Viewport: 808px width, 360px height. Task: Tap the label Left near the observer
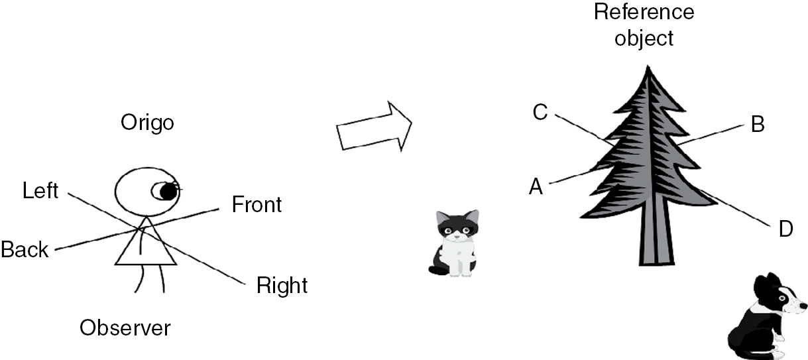pos(40,192)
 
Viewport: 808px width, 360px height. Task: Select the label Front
pos(257,205)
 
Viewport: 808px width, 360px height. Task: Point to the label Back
pos(25,250)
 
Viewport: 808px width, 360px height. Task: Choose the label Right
pos(282,286)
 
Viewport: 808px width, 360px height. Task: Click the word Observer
pos(125,328)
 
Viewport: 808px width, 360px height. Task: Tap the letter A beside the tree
pos(536,188)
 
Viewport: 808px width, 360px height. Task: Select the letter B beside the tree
pos(757,125)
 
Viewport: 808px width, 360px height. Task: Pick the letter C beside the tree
pos(540,113)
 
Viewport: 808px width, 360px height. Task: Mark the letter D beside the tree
pos(785,230)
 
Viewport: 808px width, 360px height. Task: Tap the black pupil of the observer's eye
pos(168,192)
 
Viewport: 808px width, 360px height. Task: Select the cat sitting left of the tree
pos(456,242)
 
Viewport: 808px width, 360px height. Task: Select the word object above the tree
pos(644,38)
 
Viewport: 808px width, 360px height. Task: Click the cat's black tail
pos(438,269)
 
